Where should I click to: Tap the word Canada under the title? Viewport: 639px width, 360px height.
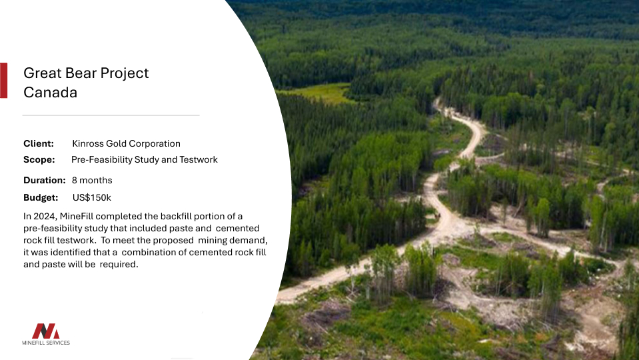click(x=50, y=93)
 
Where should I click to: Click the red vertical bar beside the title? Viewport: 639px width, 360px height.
click(x=4, y=80)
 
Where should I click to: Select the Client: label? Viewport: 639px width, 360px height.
click(x=38, y=143)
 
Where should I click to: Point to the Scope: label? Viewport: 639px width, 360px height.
click(x=39, y=159)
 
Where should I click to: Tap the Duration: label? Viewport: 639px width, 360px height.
click(x=44, y=180)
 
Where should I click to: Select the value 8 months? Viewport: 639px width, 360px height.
click(x=92, y=180)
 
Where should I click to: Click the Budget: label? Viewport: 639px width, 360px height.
click(x=41, y=198)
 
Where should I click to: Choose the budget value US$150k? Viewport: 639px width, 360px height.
click(x=92, y=198)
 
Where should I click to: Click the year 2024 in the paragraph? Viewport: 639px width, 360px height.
click(x=44, y=216)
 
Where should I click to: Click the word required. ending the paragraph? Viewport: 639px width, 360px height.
click(x=119, y=264)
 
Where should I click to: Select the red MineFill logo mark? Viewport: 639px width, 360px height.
click(x=45, y=331)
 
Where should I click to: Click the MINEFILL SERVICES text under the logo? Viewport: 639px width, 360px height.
click(x=46, y=343)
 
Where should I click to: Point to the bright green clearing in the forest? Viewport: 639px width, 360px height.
click(x=320, y=93)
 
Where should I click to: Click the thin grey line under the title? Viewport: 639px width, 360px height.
click(x=111, y=115)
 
